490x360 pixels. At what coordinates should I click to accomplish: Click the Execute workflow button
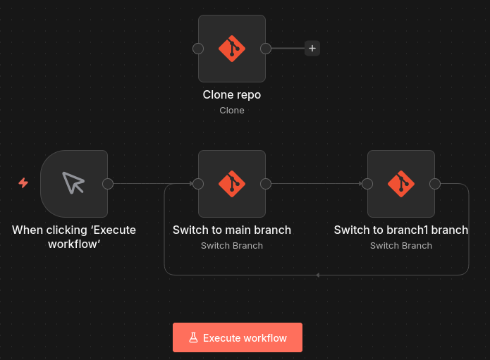238,337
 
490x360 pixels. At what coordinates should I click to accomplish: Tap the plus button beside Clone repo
312,49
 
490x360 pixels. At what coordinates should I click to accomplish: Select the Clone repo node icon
232,49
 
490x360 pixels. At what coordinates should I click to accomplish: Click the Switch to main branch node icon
232,184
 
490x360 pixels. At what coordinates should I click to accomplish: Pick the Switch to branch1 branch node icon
401,184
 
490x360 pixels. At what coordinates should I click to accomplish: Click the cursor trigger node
73,184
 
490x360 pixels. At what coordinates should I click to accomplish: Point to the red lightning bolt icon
23,183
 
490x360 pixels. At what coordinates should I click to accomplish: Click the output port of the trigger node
108,184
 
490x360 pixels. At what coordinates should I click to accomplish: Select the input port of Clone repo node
198,49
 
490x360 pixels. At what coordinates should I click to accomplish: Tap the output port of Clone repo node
266,49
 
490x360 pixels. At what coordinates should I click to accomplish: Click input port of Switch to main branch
198,184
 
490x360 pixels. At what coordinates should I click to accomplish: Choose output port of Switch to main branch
266,184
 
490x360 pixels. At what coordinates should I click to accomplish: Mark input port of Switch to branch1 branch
367,184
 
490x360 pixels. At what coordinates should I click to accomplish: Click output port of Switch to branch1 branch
435,184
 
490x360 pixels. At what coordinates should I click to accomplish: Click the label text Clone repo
232,94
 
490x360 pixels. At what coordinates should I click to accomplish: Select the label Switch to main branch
232,230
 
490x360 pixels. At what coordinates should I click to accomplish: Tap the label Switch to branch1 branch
401,230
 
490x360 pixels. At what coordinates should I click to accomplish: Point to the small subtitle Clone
232,110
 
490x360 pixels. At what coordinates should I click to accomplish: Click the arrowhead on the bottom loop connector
318,275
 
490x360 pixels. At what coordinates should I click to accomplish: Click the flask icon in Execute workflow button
193,337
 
